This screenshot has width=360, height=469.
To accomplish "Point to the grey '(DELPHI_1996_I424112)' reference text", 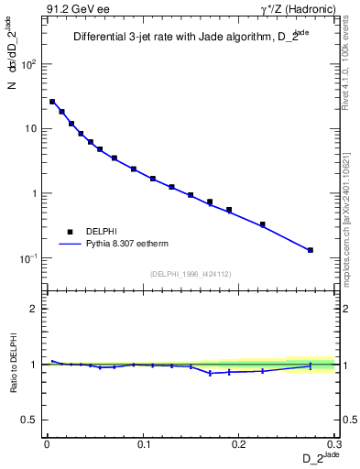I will [x=190, y=272].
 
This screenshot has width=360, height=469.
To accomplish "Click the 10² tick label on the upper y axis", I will [x=29, y=63].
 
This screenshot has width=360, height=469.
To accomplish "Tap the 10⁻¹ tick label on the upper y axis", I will [x=28, y=258].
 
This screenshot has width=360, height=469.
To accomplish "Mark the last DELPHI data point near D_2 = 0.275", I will [x=311, y=250].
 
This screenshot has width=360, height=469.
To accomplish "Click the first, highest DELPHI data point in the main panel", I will [x=52, y=102].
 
